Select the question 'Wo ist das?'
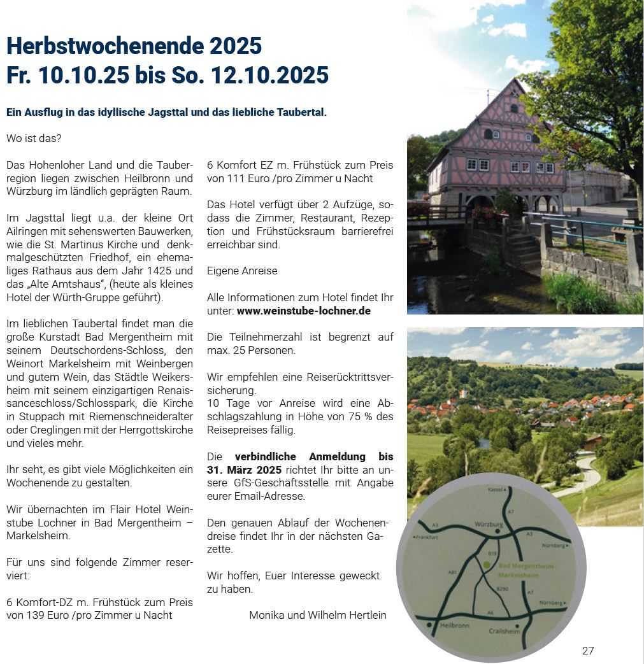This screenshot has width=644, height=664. coord(34,138)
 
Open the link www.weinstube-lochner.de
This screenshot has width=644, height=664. coord(303,311)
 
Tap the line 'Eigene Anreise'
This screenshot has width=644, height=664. coord(242,271)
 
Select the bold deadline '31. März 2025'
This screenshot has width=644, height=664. coord(244,470)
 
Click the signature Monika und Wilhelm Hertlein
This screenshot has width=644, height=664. coord(317,614)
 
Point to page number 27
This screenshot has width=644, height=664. coord(587,651)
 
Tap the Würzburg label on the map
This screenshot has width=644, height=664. coord(489,525)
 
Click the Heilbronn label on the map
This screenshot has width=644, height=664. coord(455,626)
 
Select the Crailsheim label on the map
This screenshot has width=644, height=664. coord(504,631)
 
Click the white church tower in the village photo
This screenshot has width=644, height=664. coord(466,393)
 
